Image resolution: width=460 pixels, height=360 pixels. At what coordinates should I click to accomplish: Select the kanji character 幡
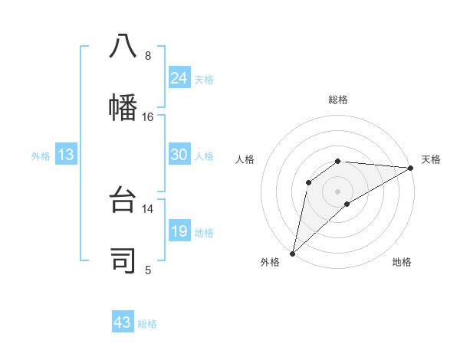(123, 106)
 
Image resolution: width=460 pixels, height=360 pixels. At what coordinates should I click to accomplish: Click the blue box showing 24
(179, 78)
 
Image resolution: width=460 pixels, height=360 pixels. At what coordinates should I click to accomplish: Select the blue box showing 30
(179, 155)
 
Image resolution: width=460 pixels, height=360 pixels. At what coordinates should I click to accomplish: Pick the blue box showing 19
(179, 231)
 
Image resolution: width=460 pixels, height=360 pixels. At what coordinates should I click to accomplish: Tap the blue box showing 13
(66, 155)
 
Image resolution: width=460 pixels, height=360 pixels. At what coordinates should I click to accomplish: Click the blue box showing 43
(123, 322)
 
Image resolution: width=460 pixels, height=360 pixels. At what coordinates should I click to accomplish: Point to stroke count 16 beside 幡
(148, 116)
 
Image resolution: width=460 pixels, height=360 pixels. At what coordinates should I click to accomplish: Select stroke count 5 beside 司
(148, 269)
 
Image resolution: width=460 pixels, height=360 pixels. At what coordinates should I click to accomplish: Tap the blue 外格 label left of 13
(41, 155)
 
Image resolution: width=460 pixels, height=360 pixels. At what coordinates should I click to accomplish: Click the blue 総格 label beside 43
(147, 323)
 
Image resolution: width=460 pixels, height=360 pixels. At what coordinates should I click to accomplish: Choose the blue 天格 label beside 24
(203, 79)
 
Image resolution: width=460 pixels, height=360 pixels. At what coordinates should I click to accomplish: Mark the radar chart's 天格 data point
(410, 168)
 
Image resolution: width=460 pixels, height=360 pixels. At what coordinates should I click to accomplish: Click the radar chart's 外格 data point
(292, 253)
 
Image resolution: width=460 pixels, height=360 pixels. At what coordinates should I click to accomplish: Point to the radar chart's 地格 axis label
(402, 262)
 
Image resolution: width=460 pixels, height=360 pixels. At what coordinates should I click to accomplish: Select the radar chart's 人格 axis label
(245, 159)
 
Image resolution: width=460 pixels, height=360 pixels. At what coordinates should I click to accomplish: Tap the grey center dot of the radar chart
(337, 191)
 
